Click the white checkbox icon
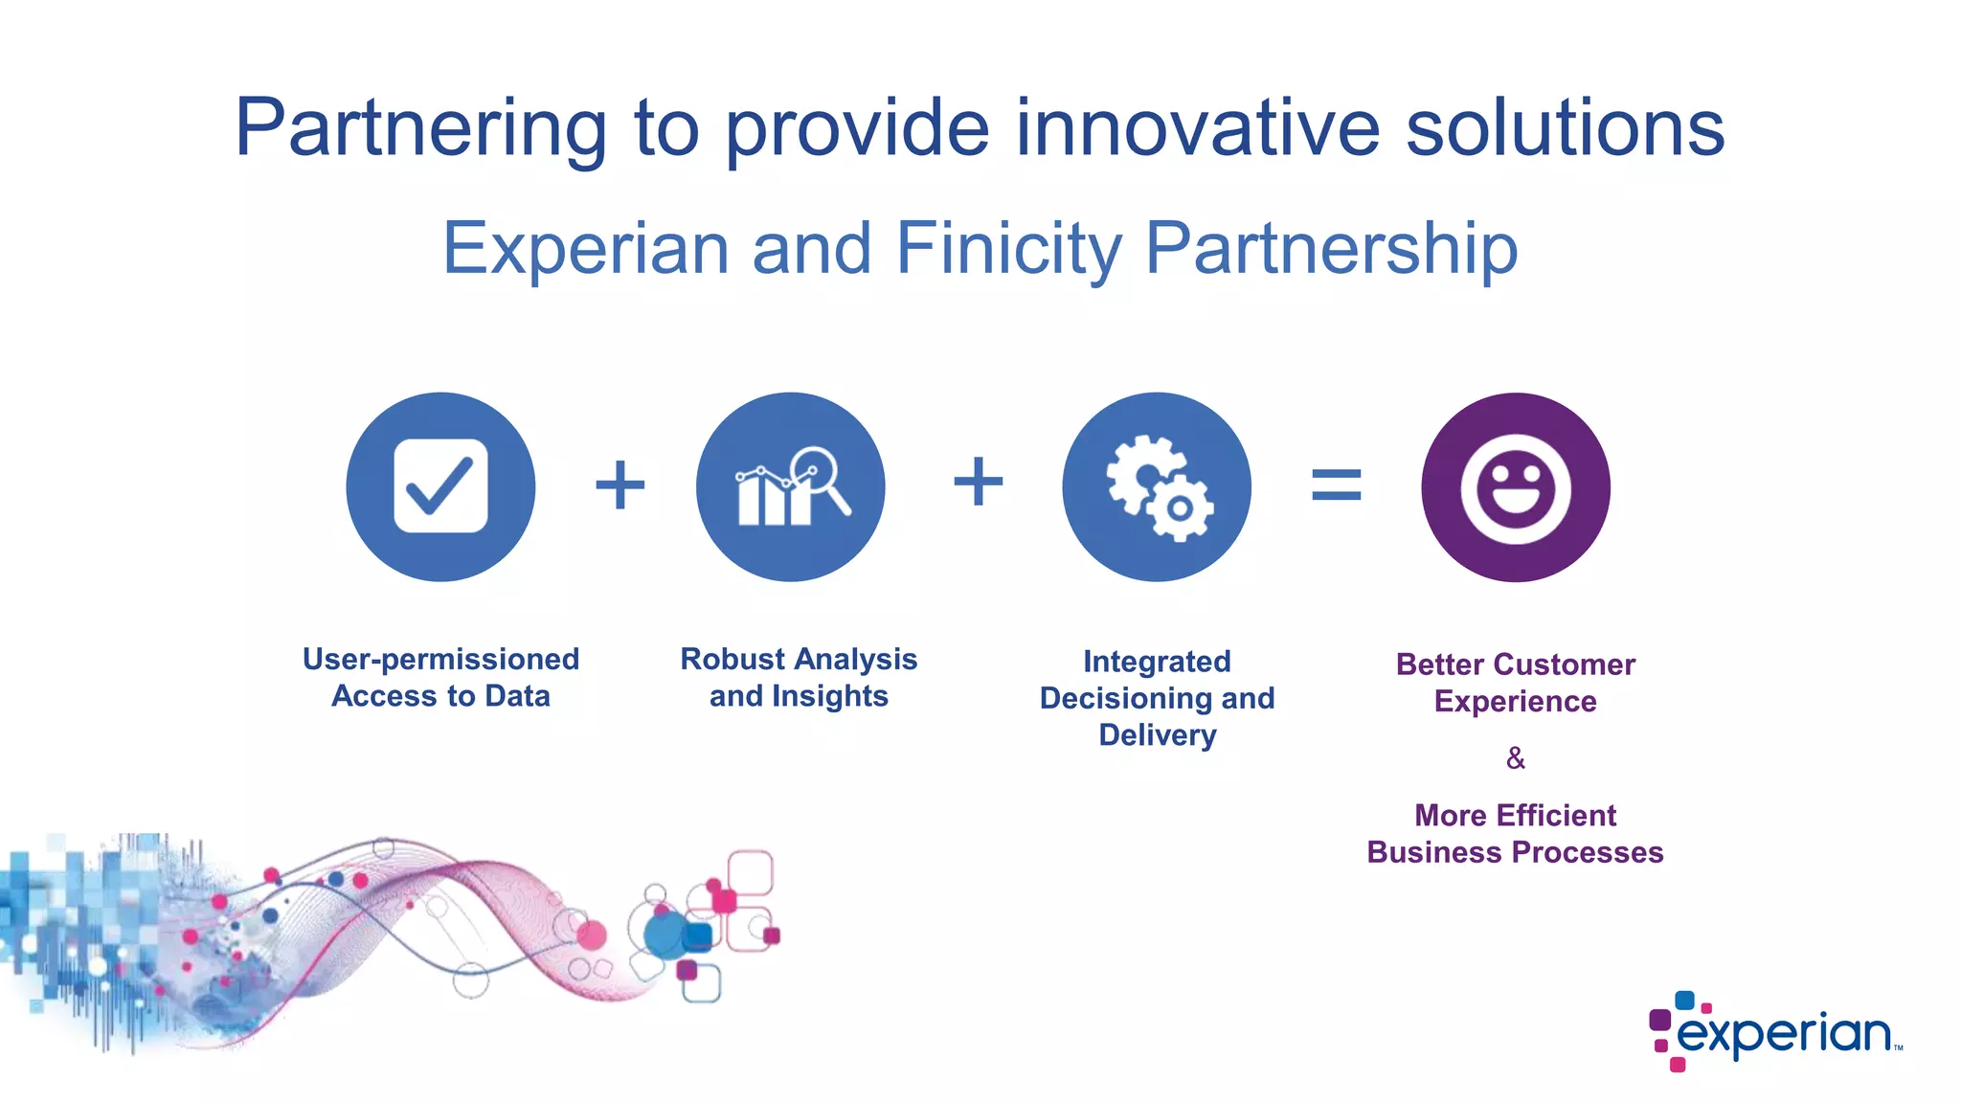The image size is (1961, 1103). (x=440, y=485)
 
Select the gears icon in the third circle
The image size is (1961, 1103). (x=1160, y=487)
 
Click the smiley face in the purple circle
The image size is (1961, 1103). (x=1515, y=488)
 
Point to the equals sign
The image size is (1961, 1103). (x=1336, y=484)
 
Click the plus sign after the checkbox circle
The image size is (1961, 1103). (x=620, y=484)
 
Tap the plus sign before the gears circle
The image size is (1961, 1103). (x=978, y=481)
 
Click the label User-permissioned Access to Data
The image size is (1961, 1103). (x=440, y=677)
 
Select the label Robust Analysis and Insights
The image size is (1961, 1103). (x=799, y=677)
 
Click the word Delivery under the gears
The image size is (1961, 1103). (x=1157, y=735)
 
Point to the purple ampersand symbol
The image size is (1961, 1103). (x=1515, y=758)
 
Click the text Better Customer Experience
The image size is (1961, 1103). (x=1515, y=683)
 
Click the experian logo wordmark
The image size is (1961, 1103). (x=1783, y=1034)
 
